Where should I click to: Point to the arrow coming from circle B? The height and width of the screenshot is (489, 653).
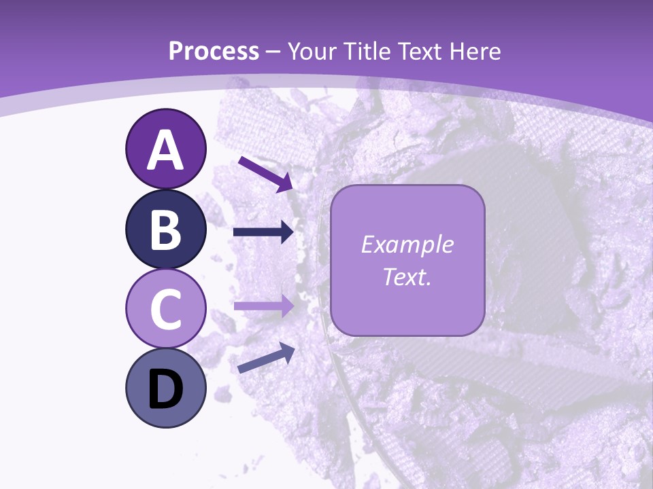coord(263,232)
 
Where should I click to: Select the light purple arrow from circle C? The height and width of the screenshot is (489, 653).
coord(263,305)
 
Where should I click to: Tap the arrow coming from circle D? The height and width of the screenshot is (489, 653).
coord(266,359)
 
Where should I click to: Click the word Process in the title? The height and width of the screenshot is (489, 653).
coord(214,52)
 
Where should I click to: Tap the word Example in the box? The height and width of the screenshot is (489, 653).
coord(407,244)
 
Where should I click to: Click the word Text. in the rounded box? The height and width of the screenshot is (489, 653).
coord(407,276)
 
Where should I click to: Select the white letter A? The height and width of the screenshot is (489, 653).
coord(165,150)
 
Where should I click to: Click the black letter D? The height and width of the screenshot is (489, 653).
coord(165,391)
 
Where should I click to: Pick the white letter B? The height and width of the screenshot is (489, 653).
coord(165,230)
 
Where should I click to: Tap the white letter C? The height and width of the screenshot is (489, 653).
coord(165,309)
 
